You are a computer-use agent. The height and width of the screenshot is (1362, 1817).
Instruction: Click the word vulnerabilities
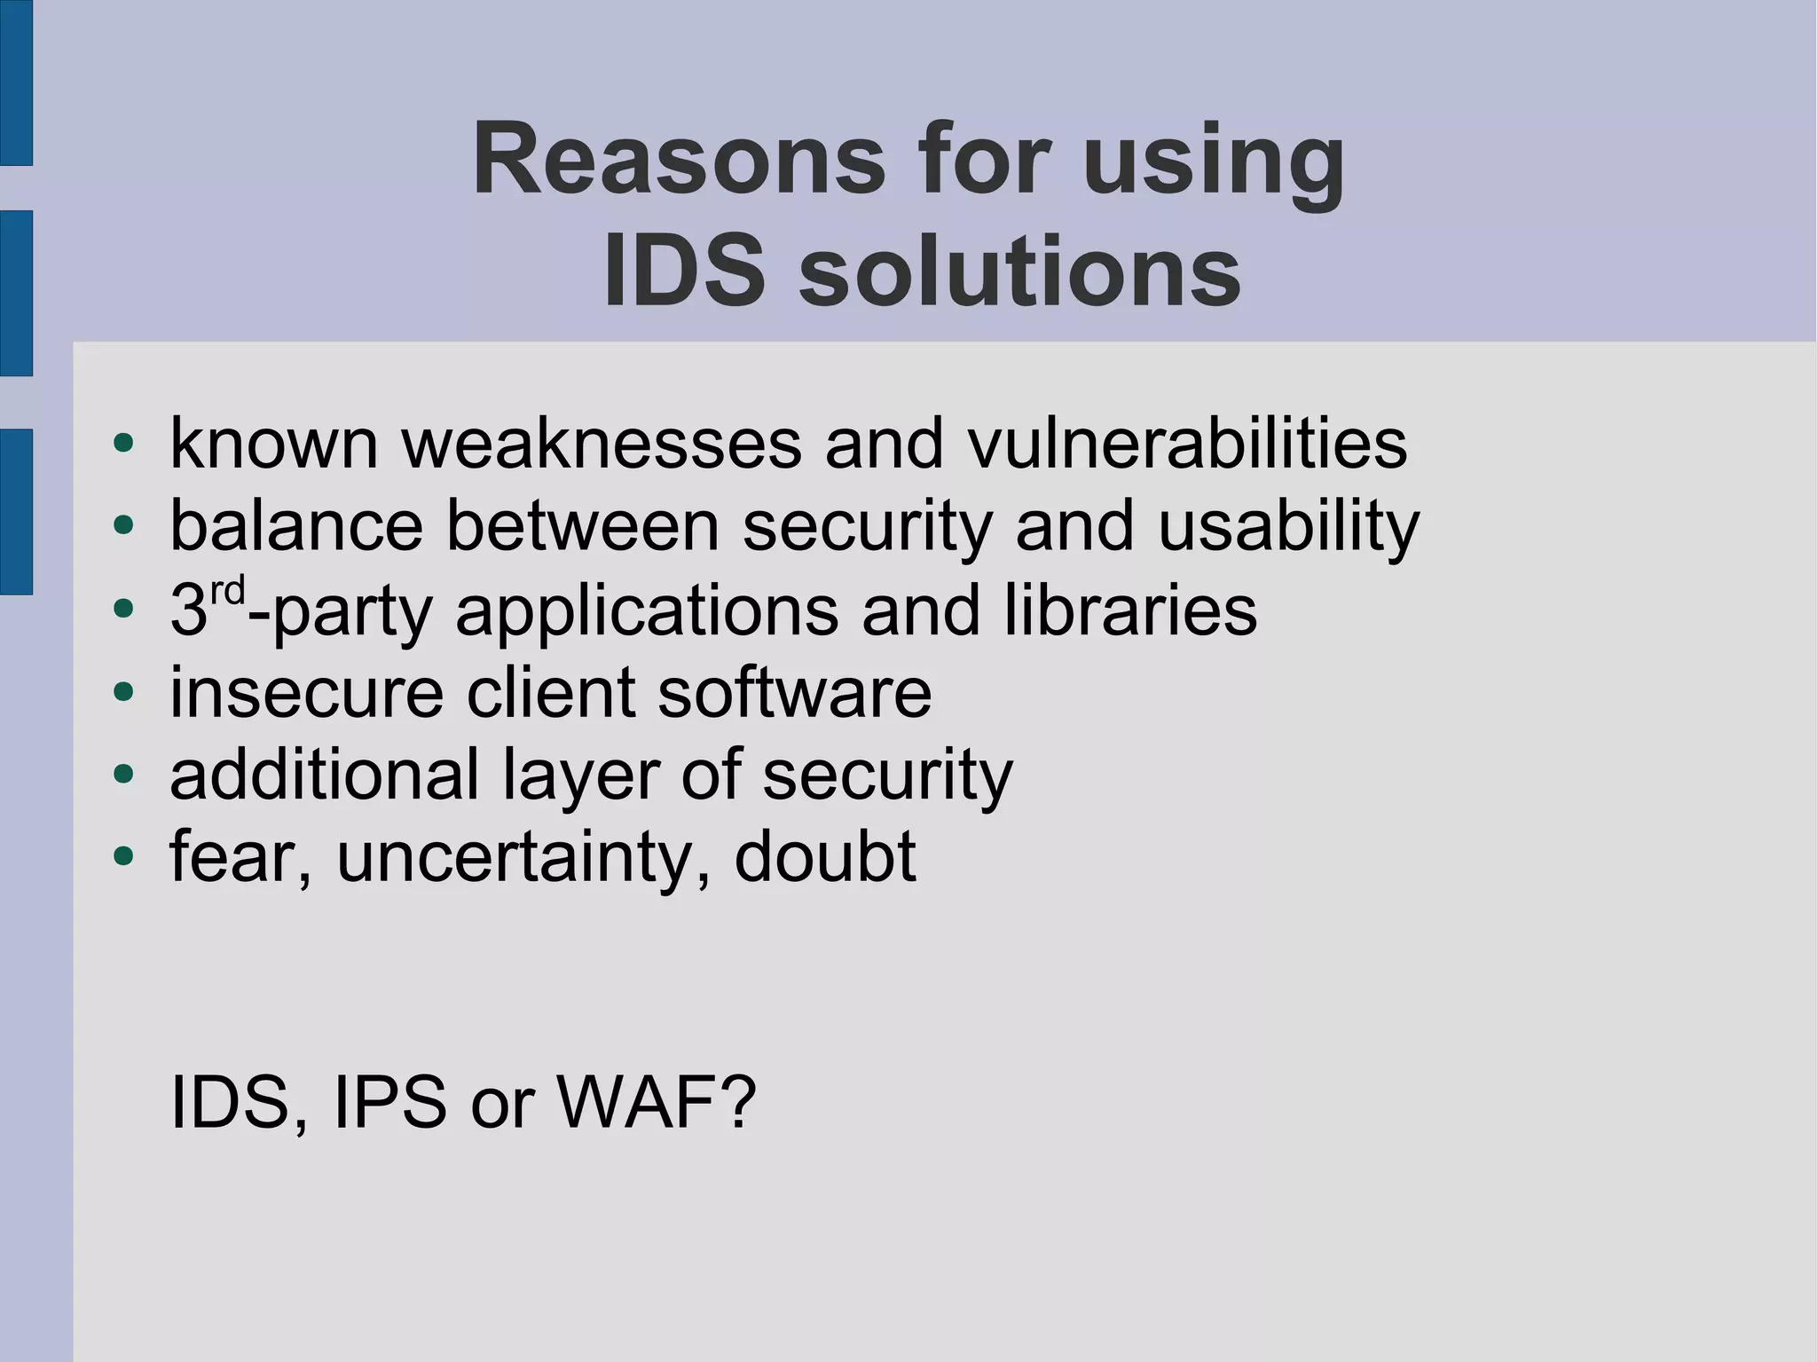click(x=1187, y=443)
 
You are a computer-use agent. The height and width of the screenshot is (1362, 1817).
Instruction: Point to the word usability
click(x=1288, y=526)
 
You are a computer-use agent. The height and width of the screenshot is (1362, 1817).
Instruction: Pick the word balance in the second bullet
click(x=296, y=526)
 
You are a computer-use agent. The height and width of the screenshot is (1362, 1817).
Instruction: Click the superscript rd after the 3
click(x=227, y=592)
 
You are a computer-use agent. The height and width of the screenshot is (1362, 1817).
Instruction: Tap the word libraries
click(x=1130, y=610)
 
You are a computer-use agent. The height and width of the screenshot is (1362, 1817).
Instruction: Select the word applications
click(x=647, y=611)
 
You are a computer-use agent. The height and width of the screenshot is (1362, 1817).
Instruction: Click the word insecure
click(x=306, y=692)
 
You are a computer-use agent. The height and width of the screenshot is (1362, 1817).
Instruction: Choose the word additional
click(x=324, y=775)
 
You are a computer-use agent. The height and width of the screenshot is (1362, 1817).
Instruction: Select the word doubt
click(x=825, y=857)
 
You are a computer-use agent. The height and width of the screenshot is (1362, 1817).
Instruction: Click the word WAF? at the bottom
click(x=656, y=1102)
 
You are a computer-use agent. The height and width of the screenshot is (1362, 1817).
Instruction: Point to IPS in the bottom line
click(x=389, y=1102)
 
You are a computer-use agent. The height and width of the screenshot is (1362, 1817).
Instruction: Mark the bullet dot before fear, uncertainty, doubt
click(x=123, y=857)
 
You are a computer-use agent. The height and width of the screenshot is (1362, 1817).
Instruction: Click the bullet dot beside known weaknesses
click(x=123, y=443)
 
